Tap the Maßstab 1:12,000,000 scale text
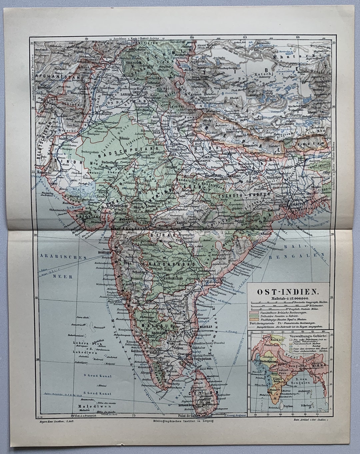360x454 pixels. tap(287, 298)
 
